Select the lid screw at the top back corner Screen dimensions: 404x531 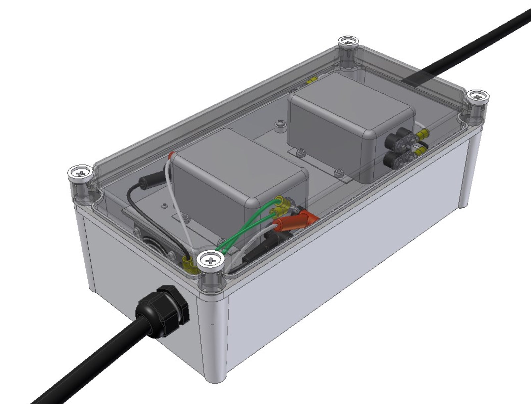point(349,42)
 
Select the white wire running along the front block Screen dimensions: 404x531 point(179,205)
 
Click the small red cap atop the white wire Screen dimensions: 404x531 point(172,155)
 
